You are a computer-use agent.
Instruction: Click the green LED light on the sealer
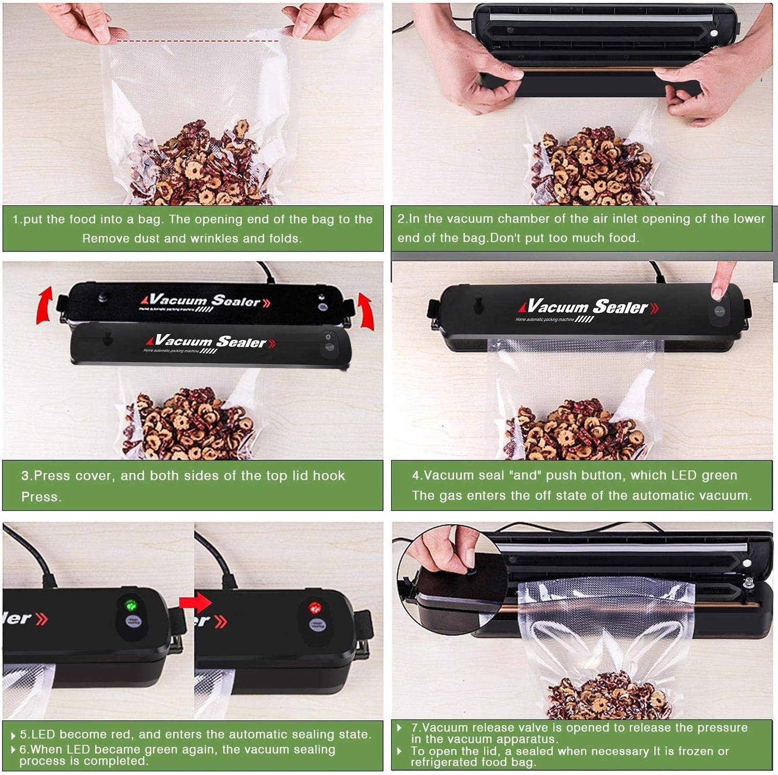131,605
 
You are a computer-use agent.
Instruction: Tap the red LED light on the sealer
315,608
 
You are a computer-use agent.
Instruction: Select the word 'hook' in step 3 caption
329,476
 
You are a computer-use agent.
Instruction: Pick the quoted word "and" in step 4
525,476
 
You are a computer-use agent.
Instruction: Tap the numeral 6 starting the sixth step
23,750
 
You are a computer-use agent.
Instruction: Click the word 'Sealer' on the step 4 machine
620,307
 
